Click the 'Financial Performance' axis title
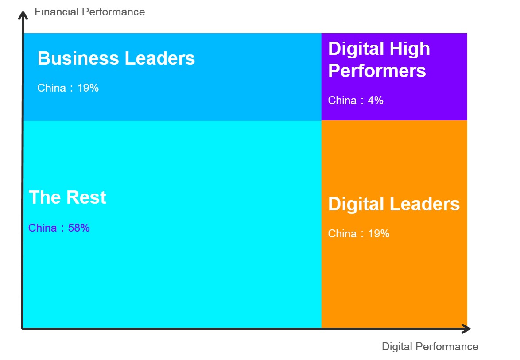90,12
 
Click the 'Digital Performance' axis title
430,346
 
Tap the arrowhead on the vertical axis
23,15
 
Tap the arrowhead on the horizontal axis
466,329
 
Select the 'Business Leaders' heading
116,58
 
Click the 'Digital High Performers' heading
379,60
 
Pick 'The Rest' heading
67,197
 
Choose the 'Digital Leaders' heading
394,204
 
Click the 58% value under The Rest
79,228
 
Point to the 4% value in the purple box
376,100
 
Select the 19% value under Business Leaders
88,88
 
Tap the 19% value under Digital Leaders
379,233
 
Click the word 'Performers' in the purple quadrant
377,70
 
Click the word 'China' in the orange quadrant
342,233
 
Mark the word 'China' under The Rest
43,228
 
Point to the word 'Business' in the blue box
78,58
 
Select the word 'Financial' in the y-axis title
57,12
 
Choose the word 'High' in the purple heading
410,49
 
